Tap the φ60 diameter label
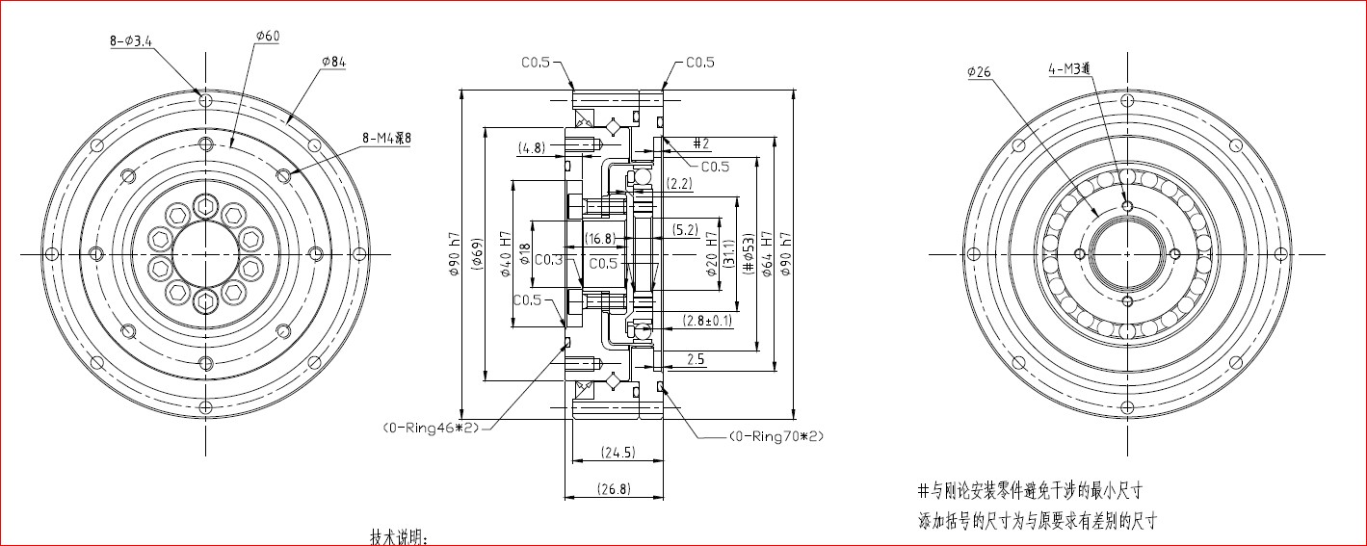pyautogui.click(x=267, y=37)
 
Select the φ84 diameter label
pyautogui.click(x=333, y=62)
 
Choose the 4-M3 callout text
pyautogui.click(x=1070, y=68)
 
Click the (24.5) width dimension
pyautogui.click(x=617, y=452)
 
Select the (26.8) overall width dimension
pyautogui.click(x=613, y=488)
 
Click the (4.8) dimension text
pyautogui.click(x=532, y=148)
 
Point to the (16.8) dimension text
pyautogui.click(x=600, y=238)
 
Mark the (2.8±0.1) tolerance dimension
pyautogui.click(x=708, y=320)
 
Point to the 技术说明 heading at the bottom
pyautogui.click(x=399, y=535)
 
